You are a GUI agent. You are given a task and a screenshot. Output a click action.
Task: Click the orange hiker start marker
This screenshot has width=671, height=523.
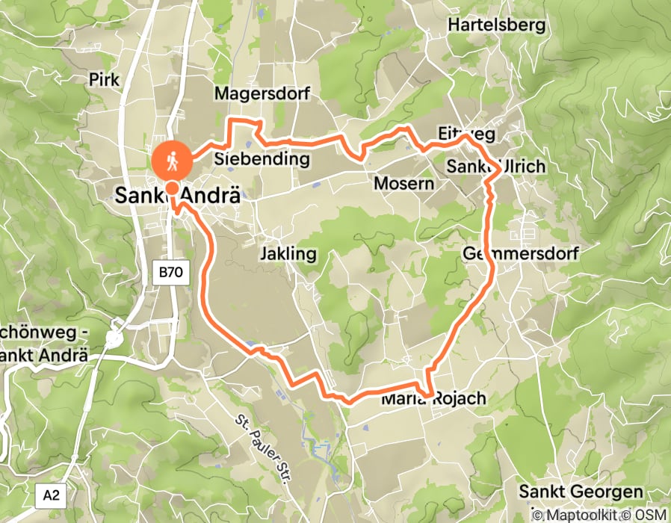coord(172,160)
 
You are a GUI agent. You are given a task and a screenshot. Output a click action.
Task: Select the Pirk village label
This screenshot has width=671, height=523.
coord(105,79)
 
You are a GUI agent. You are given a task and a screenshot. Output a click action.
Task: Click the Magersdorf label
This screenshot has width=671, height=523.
coord(262,94)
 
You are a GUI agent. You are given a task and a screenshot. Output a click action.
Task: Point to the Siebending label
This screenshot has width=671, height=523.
coord(262,158)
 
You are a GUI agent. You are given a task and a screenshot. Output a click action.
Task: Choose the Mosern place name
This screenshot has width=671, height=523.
coord(403,184)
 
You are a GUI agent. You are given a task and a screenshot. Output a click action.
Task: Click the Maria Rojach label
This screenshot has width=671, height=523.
coord(433,399)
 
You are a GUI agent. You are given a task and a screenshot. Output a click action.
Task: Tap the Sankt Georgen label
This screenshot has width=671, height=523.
coord(581,492)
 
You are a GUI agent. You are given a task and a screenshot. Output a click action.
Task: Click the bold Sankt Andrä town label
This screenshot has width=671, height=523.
coord(178,196)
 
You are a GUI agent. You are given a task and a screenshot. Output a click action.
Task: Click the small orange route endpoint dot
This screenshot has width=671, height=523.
coord(172,188)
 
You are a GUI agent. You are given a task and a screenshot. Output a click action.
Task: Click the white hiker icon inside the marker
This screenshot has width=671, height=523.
coord(172,159)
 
